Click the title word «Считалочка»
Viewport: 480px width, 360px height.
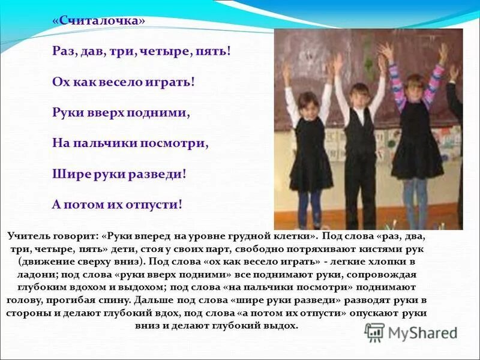coord(99,20)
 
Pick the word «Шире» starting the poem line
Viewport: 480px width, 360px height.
coord(66,174)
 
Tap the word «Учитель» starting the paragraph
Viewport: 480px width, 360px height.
coord(30,237)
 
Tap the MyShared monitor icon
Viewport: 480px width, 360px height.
coord(375,332)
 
